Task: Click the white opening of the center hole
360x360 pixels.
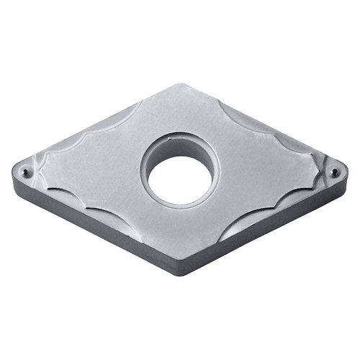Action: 181,178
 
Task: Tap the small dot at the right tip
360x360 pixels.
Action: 334,171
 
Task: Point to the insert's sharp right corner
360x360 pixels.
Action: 346,168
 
